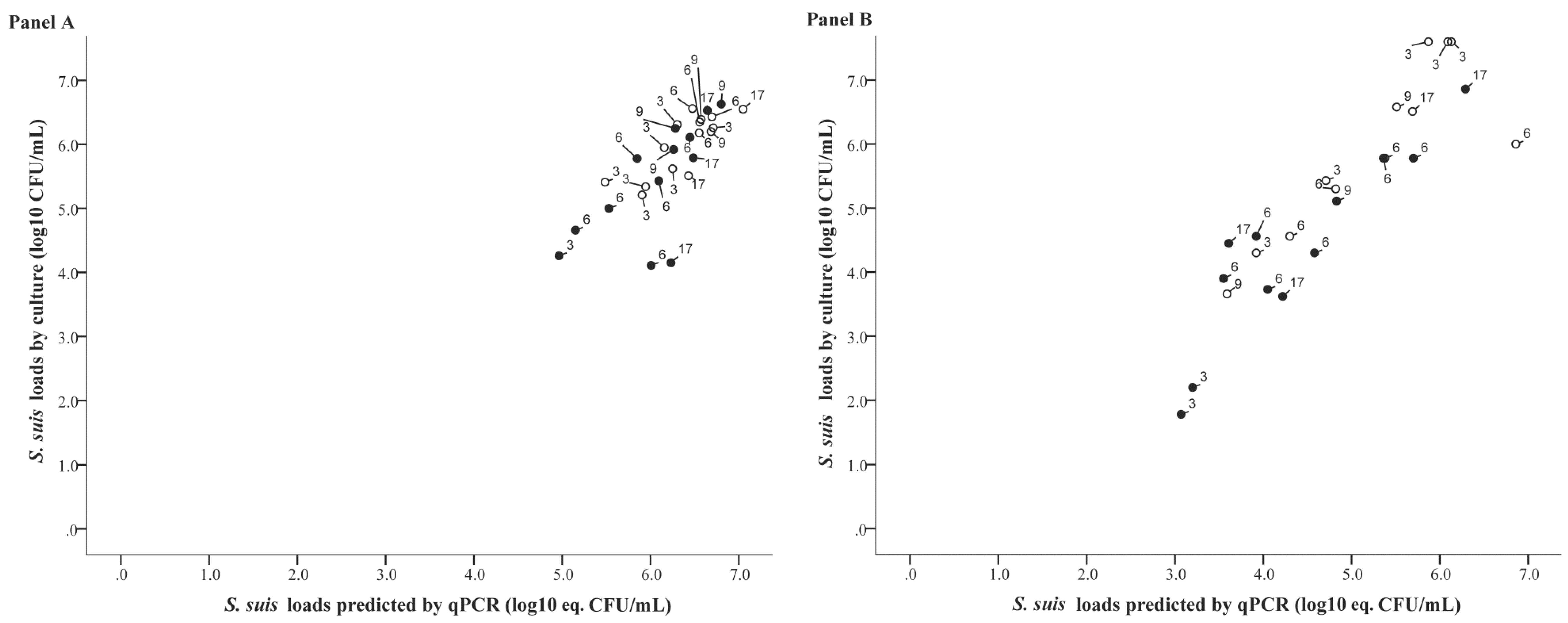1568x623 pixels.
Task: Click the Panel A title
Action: tap(41, 22)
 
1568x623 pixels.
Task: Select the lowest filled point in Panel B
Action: tap(1181, 414)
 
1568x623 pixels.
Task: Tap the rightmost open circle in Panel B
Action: tap(1516, 144)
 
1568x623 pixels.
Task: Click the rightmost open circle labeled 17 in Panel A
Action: tap(743, 109)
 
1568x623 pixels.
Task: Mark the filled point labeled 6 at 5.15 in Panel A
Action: tap(575, 230)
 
